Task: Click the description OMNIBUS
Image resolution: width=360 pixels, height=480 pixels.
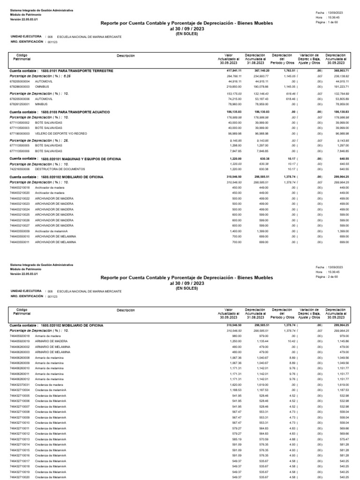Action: [43, 87]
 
